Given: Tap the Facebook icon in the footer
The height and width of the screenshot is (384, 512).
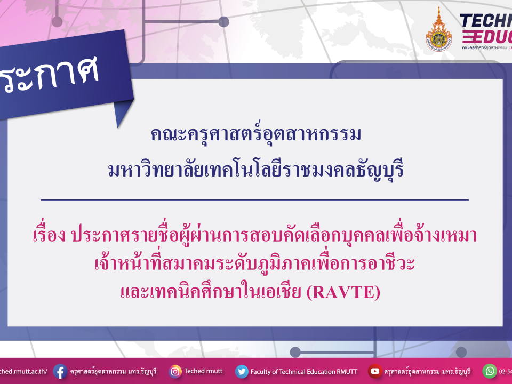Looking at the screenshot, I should click(60, 371).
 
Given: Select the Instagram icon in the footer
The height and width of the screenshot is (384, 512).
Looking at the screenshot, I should click(175, 371).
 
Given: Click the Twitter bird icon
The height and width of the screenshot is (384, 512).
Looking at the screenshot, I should click(242, 371).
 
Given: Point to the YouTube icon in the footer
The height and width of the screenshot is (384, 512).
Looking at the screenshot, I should click(375, 371).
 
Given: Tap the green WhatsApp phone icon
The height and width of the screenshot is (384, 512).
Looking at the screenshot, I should click(490, 371).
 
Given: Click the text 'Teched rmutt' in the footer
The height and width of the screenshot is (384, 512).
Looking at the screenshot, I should click(202, 371).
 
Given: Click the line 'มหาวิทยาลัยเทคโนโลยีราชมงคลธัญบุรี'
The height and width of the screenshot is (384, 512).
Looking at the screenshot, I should click(255, 170).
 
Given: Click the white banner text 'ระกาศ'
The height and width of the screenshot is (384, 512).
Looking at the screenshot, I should click(51, 75).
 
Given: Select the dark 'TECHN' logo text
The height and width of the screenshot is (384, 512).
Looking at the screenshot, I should click(485, 21).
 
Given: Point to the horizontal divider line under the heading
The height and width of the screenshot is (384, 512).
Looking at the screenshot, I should click(254, 199).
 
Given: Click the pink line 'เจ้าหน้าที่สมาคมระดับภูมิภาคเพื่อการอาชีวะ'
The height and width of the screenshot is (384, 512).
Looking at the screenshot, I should click(255, 264).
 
